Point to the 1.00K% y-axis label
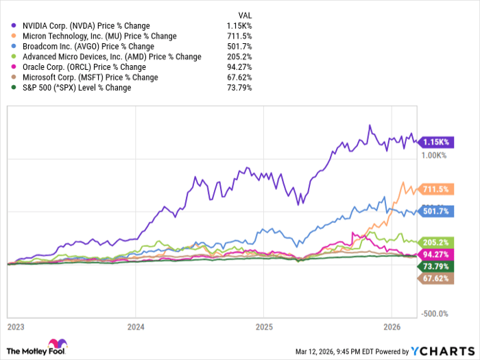433,156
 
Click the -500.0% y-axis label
434,313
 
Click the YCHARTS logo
440,351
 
